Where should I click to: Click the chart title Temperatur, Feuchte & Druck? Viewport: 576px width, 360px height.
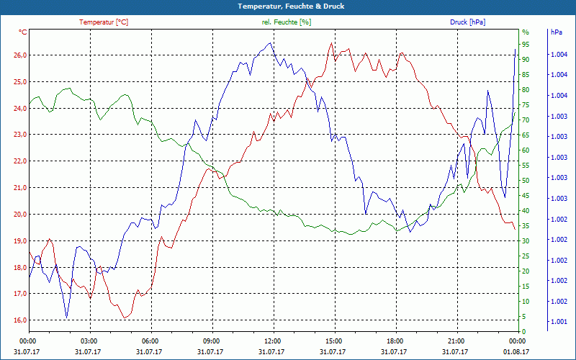[288, 6]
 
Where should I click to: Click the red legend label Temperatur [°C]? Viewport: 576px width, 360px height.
[104, 22]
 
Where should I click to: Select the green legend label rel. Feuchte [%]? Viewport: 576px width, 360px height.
[287, 22]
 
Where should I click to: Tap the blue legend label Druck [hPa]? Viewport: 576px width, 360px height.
[467, 22]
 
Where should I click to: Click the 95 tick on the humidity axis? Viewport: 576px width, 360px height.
[526, 44]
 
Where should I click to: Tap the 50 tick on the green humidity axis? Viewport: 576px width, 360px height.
[526, 181]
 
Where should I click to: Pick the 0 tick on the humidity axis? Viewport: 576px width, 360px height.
[523, 332]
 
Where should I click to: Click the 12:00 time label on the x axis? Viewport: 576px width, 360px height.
[273, 341]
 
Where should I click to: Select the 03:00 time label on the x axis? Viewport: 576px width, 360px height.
[89, 341]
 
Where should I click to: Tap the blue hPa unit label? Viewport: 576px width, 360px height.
[557, 32]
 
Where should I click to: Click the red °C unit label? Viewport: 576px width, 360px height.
[23, 32]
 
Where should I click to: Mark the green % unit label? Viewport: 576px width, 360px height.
[525, 32]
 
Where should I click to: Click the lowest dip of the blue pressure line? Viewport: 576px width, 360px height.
[67, 317]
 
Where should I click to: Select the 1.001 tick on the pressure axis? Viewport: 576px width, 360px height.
[558, 322]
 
